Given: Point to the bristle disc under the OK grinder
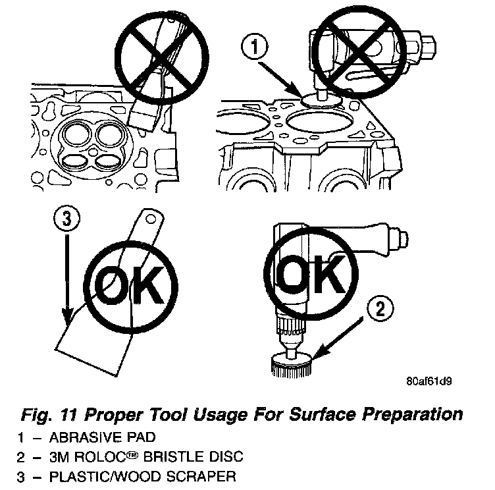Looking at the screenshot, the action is click(x=290, y=364).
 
